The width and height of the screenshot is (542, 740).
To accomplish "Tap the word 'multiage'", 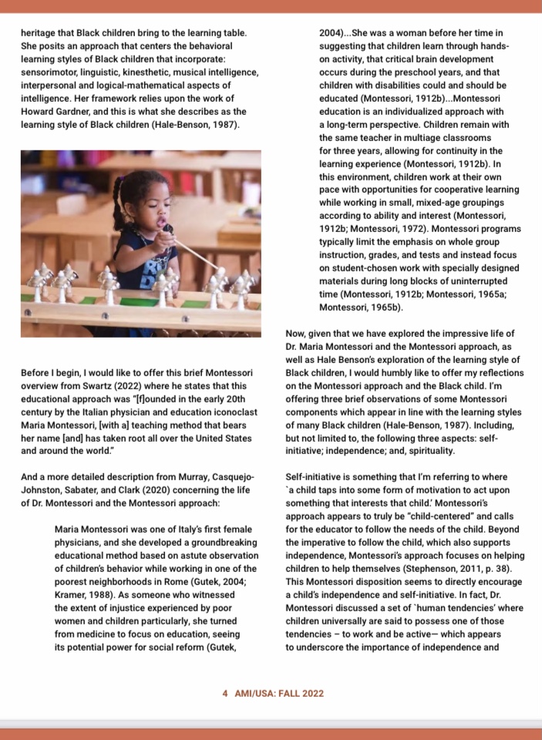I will pyautogui.click(x=432, y=137).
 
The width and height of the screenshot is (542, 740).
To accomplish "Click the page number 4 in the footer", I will pyautogui.click(x=224, y=693).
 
